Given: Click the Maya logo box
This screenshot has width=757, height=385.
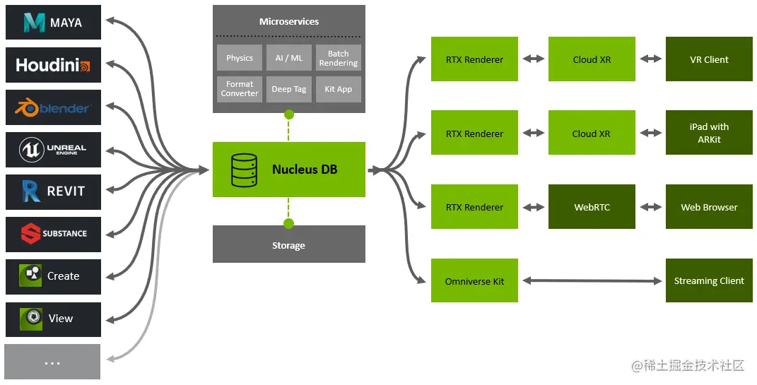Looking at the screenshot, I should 53,23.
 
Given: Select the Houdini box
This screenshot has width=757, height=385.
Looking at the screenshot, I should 53,66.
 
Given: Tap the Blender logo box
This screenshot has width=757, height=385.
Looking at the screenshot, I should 53,108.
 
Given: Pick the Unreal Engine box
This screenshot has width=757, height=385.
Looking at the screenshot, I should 53,149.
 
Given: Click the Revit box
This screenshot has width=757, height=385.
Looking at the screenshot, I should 53,191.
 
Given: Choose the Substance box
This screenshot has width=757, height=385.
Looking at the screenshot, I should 53,234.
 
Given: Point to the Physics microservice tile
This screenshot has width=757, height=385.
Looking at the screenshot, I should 240,58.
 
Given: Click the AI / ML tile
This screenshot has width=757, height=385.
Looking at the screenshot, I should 288,58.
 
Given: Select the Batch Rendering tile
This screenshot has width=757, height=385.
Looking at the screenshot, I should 338,58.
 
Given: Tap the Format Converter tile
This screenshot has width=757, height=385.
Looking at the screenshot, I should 240,89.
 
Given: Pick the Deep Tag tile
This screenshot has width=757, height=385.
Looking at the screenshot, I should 288,89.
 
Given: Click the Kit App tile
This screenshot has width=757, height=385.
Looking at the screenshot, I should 338,89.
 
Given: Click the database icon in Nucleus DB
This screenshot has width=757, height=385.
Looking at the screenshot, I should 244,170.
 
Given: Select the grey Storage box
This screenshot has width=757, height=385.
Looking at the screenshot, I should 288,245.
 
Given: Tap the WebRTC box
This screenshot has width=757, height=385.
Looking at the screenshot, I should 592,208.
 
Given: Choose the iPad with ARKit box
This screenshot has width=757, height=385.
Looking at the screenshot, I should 709,133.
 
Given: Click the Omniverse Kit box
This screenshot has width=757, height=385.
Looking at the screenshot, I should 474,281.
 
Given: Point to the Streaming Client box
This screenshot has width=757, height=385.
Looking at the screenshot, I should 709,281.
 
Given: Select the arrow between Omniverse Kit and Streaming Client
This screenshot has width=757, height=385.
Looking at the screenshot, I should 592,281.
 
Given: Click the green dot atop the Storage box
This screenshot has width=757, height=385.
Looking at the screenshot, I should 288,224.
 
